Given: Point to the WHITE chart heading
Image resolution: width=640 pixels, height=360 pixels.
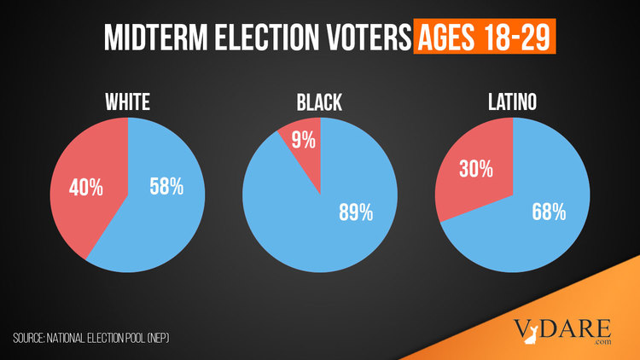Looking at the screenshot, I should click(x=128, y=103).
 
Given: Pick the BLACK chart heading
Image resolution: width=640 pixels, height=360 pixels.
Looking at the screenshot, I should click(x=320, y=103).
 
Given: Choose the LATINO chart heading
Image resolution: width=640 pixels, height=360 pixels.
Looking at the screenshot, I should click(x=513, y=103).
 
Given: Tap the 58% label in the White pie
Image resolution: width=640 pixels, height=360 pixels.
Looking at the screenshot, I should click(x=165, y=186).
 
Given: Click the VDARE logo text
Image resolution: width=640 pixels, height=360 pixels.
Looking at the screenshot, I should click(x=562, y=327).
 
